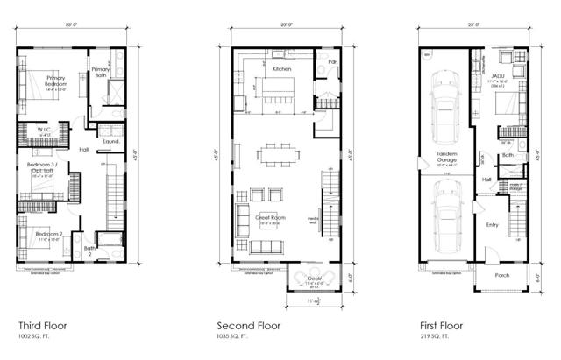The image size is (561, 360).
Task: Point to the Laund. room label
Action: pyautogui.click(x=112, y=140)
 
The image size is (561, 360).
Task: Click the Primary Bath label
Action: pyautogui.click(x=102, y=72)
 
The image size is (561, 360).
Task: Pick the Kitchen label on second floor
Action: pyautogui.click(x=282, y=68)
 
